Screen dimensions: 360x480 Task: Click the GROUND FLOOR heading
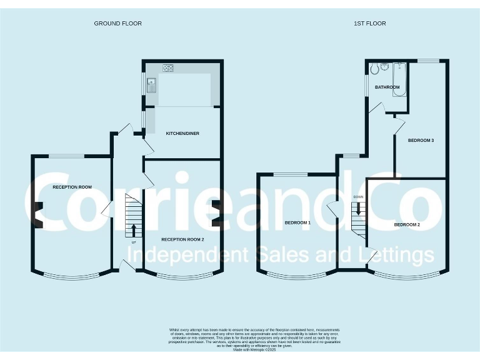[x=117, y=24]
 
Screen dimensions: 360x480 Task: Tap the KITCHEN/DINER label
[x=182, y=134]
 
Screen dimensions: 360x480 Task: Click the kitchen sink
[x=152, y=85]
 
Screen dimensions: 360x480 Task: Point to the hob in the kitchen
[x=168, y=67]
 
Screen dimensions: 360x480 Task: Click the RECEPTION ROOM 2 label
[x=183, y=239]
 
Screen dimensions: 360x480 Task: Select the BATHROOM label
[x=387, y=87]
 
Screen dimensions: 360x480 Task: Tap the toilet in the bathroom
[x=374, y=69]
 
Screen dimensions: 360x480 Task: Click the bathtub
[x=401, y=78]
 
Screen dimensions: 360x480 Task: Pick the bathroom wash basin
[x=386, y=66]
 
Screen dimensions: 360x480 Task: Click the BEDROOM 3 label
[x=421, y=141]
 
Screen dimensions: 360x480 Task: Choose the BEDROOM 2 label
[x=407, y=224]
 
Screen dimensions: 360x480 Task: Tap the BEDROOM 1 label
[x=297, y=222]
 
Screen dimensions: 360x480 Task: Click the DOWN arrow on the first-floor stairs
[x=358, y=209]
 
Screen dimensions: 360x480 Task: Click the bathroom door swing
[x=376, y=107]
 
